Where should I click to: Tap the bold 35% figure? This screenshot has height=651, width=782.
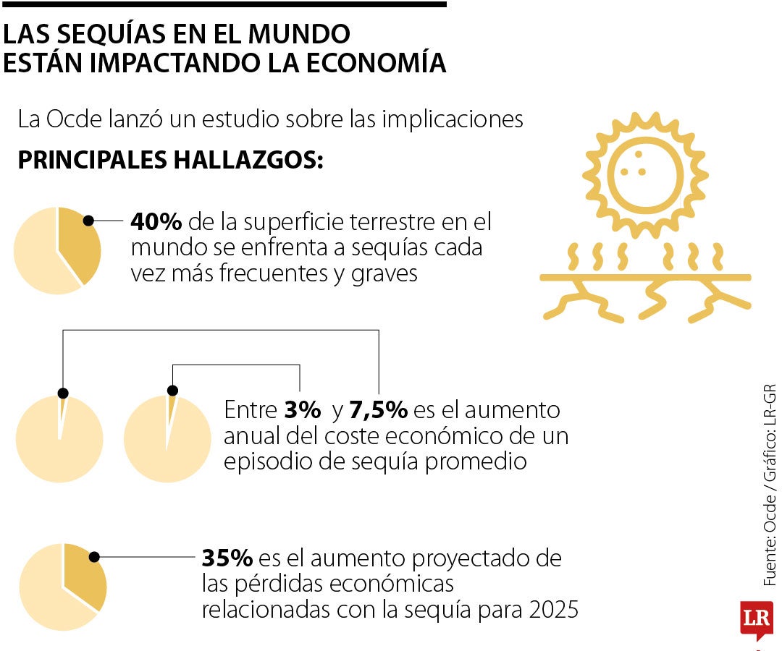pyautogui.click(x=227, y=558)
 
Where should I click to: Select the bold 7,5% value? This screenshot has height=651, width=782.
pyautogui.click(x=379, y=411)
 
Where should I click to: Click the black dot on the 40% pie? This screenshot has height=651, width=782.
pyautogui.click(x=88, y=221)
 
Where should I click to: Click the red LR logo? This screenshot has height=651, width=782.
pyautogui.click(x=756, y=619)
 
